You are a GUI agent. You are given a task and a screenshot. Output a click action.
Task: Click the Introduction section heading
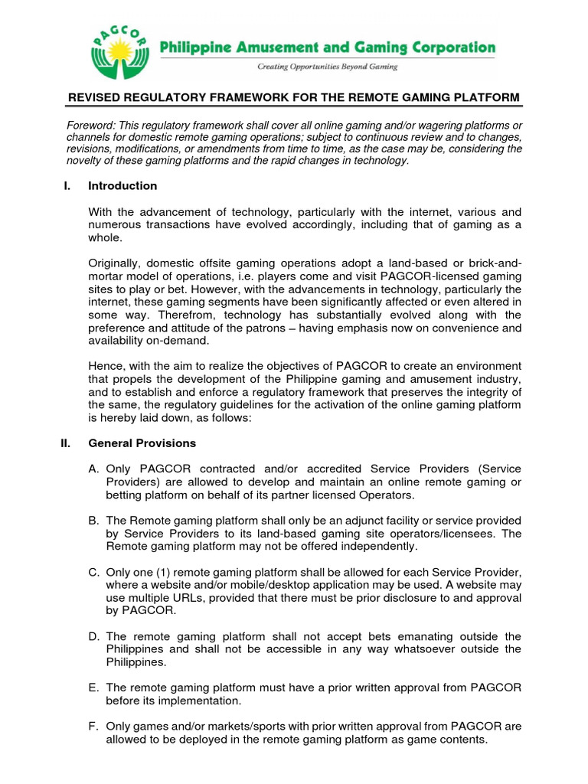point(122,186)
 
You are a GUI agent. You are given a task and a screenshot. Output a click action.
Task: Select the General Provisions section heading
point(142,443)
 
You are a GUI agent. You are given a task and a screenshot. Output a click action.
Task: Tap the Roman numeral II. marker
point(66,443)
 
